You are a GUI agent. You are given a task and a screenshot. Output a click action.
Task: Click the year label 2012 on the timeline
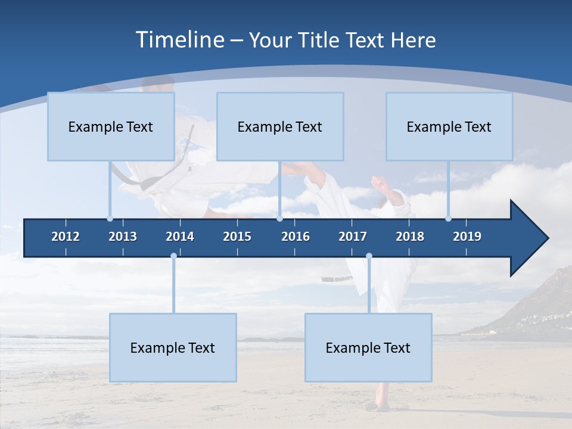point(66,237)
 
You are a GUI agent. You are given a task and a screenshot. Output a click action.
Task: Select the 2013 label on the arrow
point(123,237)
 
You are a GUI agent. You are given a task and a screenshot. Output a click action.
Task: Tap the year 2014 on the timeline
point(180,237)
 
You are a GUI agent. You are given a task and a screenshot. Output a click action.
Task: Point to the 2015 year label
point(237,237)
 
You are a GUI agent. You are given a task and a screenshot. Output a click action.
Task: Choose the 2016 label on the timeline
point(296,237)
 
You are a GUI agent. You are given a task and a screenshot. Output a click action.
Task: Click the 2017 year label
point(353,237)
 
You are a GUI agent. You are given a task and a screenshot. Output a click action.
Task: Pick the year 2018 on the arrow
point(410,237)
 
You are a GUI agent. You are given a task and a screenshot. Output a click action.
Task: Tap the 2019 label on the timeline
point(467,237)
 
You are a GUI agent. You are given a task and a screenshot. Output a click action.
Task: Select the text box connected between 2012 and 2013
point(111,126)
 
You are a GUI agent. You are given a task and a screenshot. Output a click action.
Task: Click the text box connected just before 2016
point(280,126)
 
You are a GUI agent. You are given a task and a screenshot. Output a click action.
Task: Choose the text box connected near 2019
point(449,126)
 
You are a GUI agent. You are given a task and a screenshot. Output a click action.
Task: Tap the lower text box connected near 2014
point(173,347)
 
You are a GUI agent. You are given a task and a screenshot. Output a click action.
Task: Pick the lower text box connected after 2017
point(368,347)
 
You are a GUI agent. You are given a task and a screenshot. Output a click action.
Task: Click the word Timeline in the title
point(180,40)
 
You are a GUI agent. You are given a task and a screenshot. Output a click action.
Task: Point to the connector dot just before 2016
point(279,218)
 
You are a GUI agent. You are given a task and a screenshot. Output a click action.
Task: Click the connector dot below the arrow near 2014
point(173,256)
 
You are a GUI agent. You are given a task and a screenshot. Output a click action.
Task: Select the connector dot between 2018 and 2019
point(448,218)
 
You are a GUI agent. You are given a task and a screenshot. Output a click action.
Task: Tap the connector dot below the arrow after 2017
point(369,256)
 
